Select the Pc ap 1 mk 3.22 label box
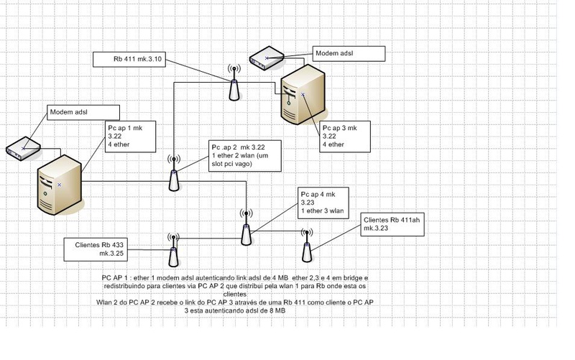click(125, 137)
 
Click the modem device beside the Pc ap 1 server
click(22, 149)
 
